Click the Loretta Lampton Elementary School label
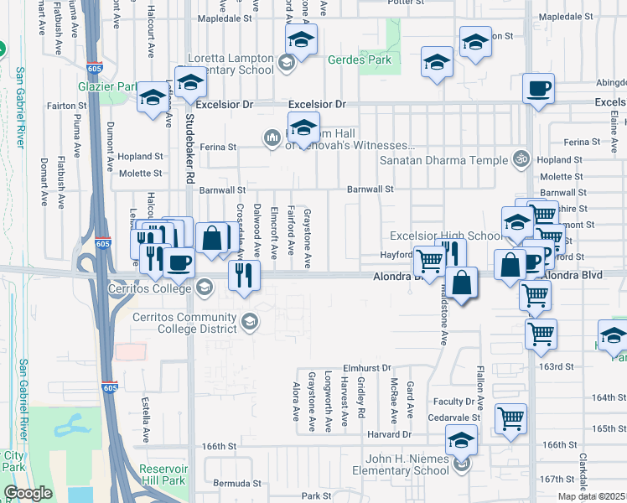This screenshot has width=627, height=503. click(x=225, y=65)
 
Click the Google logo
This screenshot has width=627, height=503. click(x=28, y=493)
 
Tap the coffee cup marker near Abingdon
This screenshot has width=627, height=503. click(x=538, y=89)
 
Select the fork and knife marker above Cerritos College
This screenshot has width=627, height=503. click(x=243, y=275)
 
